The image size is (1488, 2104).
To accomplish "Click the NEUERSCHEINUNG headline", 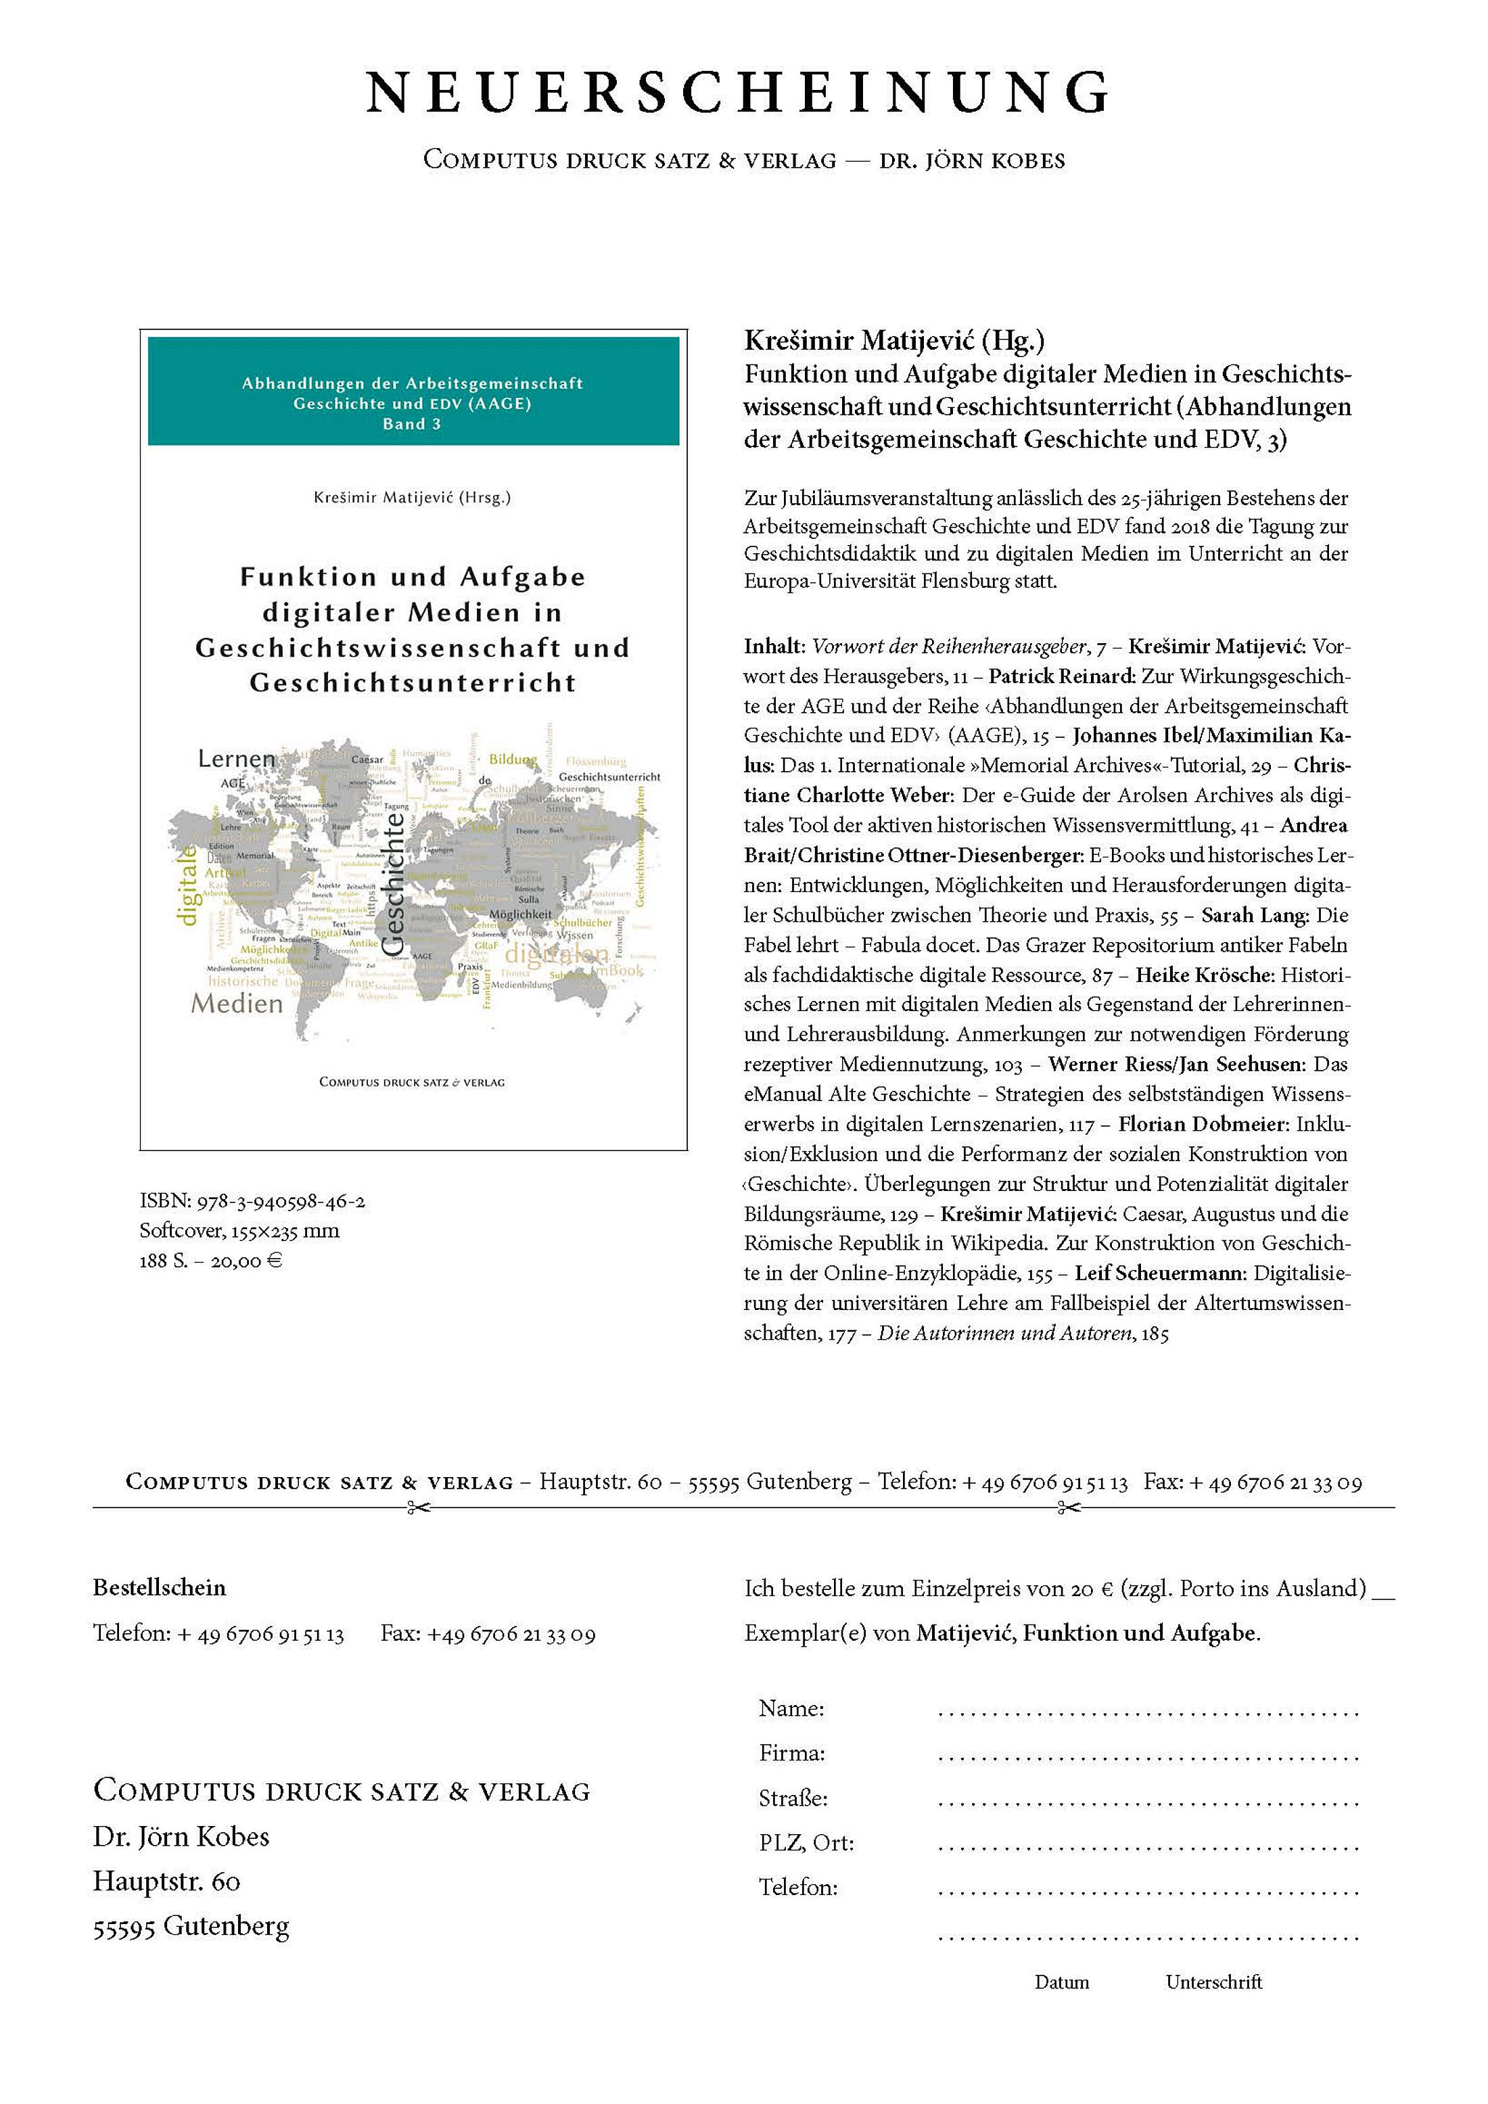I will (x=739, y=91).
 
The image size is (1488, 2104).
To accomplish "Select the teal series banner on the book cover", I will (x=413, y=392).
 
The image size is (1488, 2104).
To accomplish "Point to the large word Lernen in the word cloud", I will (x=237, y=759).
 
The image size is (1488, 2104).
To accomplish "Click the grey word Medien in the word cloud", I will (x=237, y=1004).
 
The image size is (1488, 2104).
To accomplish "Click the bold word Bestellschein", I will (x=160, y=1587).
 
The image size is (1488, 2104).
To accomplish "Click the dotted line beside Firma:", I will (x=1147, y=1756).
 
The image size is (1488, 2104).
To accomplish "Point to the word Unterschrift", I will (x=1213, y=1982).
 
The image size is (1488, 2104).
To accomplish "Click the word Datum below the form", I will (x=1062, y=1982).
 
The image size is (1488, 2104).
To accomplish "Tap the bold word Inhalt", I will (x=772, y=646).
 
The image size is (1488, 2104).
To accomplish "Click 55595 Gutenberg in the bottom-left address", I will (x=191, y=1926).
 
